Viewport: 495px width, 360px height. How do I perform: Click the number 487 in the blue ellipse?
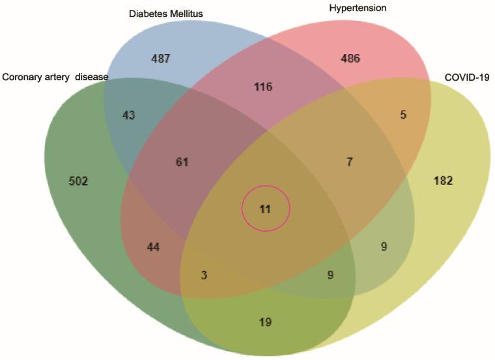160,59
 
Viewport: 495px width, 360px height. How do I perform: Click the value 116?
264,87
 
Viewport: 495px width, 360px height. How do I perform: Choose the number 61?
182,161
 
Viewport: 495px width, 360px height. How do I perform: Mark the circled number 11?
265,209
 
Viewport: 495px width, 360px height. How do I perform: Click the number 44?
153,247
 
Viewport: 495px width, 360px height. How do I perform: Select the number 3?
204,275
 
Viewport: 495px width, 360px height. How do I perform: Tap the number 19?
264,322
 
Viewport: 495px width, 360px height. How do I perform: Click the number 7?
349,161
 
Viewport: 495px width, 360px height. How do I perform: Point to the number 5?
403,115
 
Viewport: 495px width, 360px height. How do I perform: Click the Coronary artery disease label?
55,77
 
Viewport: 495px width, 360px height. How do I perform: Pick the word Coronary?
22,77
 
